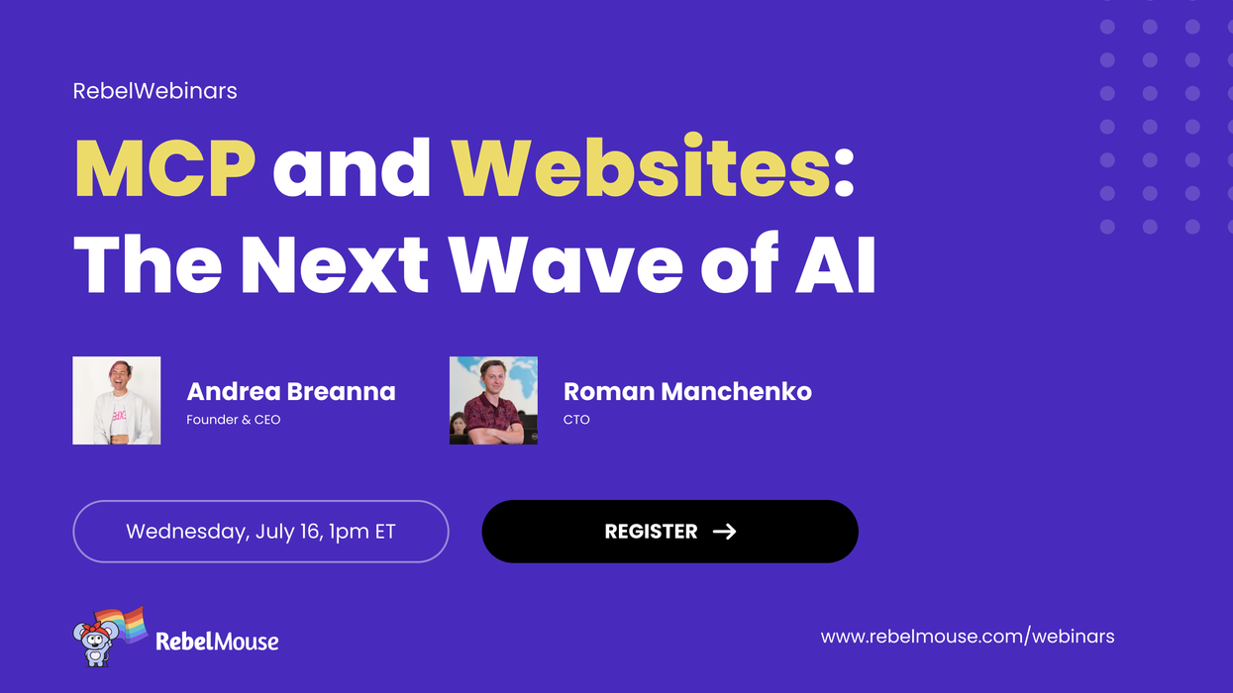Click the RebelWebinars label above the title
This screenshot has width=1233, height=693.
[x=154, y=91]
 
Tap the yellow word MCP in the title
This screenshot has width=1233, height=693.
[x=164, y=169]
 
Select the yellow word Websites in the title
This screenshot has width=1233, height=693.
[x=641, y=169]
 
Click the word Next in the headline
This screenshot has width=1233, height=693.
[x=335, y=264]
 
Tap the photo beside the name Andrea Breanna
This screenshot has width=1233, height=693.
[x=117, y=400]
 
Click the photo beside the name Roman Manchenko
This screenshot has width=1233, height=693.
[x=493, y=400]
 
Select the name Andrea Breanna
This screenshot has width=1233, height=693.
[x=291, y=391]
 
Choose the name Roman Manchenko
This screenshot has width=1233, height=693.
[x=687, y=391]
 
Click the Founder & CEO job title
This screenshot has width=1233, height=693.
[x=234, y=420]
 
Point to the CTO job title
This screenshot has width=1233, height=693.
[x=576, y=420]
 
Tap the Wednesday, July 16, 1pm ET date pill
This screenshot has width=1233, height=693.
[x=260, y=532]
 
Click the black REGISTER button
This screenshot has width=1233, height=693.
[x=669, y=532]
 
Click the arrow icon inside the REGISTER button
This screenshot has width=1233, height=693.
[x=725, y=532]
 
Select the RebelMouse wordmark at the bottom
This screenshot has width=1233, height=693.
[x=217, y=642]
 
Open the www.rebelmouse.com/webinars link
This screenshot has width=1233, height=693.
[x=968, y=637]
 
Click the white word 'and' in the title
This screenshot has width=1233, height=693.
[x=352, y=169]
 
